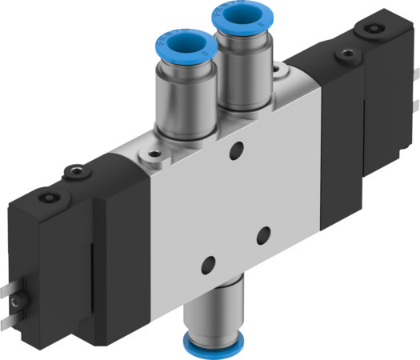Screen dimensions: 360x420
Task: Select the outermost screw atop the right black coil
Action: pyautogui.click(x=369, y=30)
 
